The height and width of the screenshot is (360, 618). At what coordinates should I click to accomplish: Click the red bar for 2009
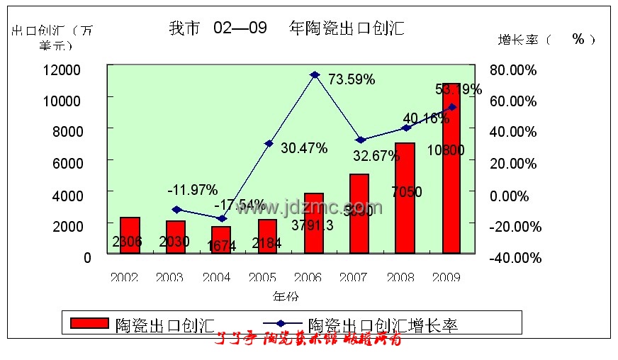point(452,170)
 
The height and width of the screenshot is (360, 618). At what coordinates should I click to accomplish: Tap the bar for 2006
point(313,223)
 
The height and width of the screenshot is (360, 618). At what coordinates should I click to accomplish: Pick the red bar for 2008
point(404,198)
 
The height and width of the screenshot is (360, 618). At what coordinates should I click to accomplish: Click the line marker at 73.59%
point(315,74)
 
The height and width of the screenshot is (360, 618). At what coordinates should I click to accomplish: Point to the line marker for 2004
point(222,218)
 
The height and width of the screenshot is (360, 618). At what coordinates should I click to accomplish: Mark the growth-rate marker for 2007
point(360,140)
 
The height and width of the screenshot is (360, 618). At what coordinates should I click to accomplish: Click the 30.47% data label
point(304,148)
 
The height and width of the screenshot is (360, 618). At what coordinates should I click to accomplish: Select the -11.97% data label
point(192,189)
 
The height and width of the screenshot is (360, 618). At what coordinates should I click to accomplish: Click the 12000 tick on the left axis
point(62,69)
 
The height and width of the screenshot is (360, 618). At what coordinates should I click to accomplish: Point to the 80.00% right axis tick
point(514,70)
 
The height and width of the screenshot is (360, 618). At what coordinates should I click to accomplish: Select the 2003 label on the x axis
point(169,277)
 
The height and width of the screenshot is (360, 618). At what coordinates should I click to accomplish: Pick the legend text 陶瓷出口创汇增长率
point(383,325)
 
